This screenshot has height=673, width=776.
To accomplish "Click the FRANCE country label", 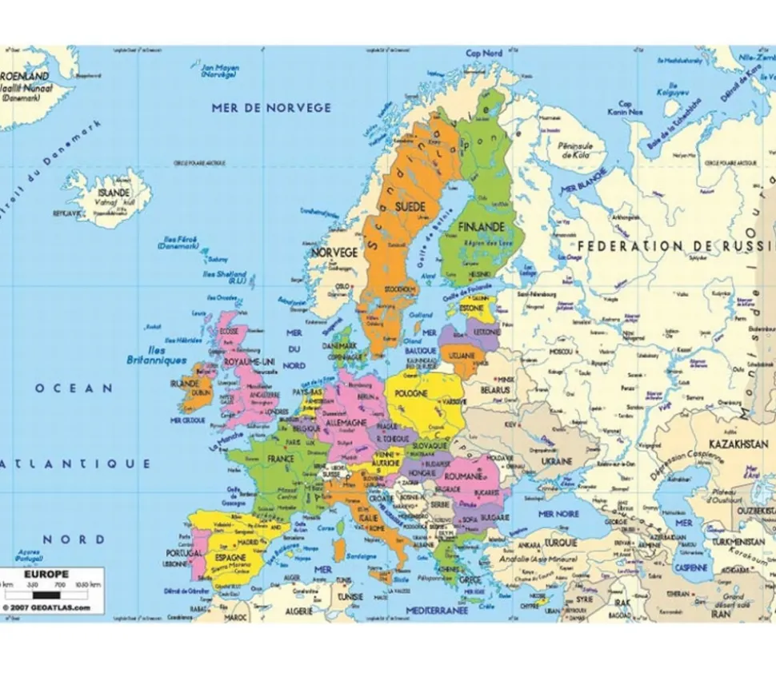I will pyautogui.click(x=281, y=460).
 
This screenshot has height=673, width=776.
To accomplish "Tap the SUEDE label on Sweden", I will pyautogui.click(x=410, y=206).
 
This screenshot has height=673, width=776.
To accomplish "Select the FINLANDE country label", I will pyautogui.click(x=481, y=227).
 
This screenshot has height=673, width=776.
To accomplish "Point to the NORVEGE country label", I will pyautogui.click(x=334, y=253).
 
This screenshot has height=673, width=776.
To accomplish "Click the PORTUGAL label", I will pyautogui.click(x=184, y=553).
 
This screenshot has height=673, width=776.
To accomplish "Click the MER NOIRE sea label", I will pyautogui.click(x=558, y=513).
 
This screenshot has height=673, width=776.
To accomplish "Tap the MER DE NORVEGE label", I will pyautogui.click(x=271, y=108).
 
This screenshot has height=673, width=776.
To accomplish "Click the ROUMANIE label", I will pyautogui.click(x=470, y=476).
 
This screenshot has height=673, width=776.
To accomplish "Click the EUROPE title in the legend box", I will pyautogui.click(x=46, y=574).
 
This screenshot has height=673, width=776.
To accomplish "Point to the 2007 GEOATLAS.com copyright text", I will pyautogui.click(x=46, y=608).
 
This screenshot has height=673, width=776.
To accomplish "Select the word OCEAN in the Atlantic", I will pyautogui.click(x=74, y=388).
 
